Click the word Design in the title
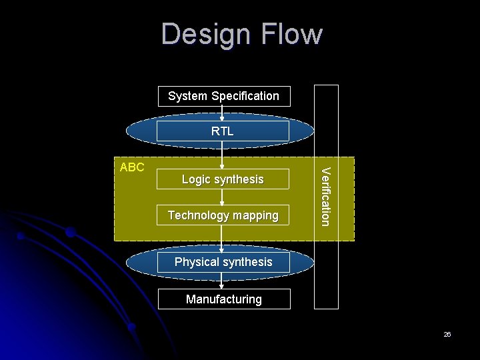click(x=204, y=35)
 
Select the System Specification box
click(x=223, y=96)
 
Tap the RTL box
click(x=223, y=131)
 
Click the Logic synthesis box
click(x=223, y=179)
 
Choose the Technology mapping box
click(x=223, y=215)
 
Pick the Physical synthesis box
click(x=223, y=262)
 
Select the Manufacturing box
click(x=223, y=299)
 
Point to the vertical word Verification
click(x=325, y=197)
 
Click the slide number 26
click(x=447, y=335)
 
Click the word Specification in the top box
click(x=244, y=96)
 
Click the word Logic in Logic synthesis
click(x=197, y=180)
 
